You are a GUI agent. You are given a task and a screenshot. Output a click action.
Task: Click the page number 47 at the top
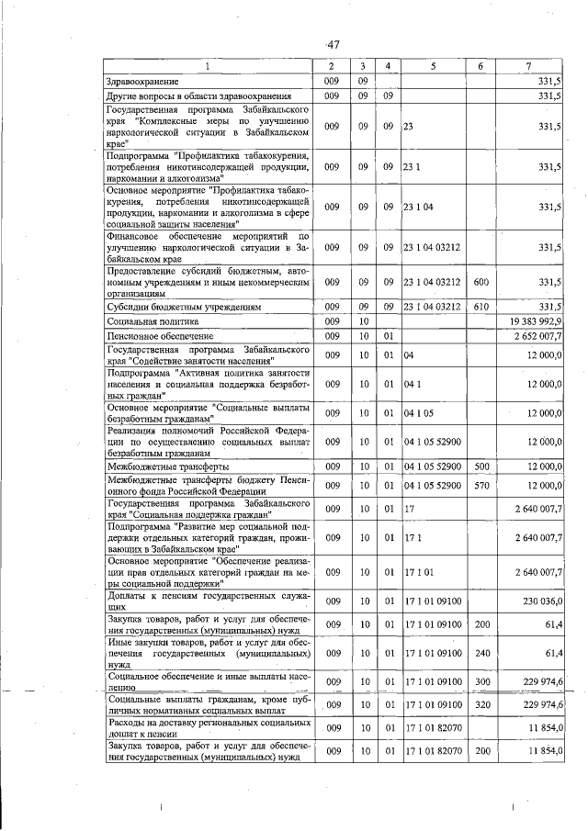[332, 44]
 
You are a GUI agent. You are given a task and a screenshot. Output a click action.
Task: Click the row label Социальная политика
[153, 322]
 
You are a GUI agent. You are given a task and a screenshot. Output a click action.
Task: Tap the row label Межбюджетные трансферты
[166, 467]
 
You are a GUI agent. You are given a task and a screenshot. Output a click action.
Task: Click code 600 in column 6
[480, 283]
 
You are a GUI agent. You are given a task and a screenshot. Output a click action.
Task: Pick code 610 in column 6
[480, 306]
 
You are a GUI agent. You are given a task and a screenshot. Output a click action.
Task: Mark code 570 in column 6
[480, 485]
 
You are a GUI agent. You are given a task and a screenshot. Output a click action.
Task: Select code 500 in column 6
[480, 467]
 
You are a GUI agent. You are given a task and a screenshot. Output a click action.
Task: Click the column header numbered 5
[432, 66]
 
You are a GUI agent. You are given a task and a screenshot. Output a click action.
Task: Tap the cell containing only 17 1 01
[419, 572]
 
